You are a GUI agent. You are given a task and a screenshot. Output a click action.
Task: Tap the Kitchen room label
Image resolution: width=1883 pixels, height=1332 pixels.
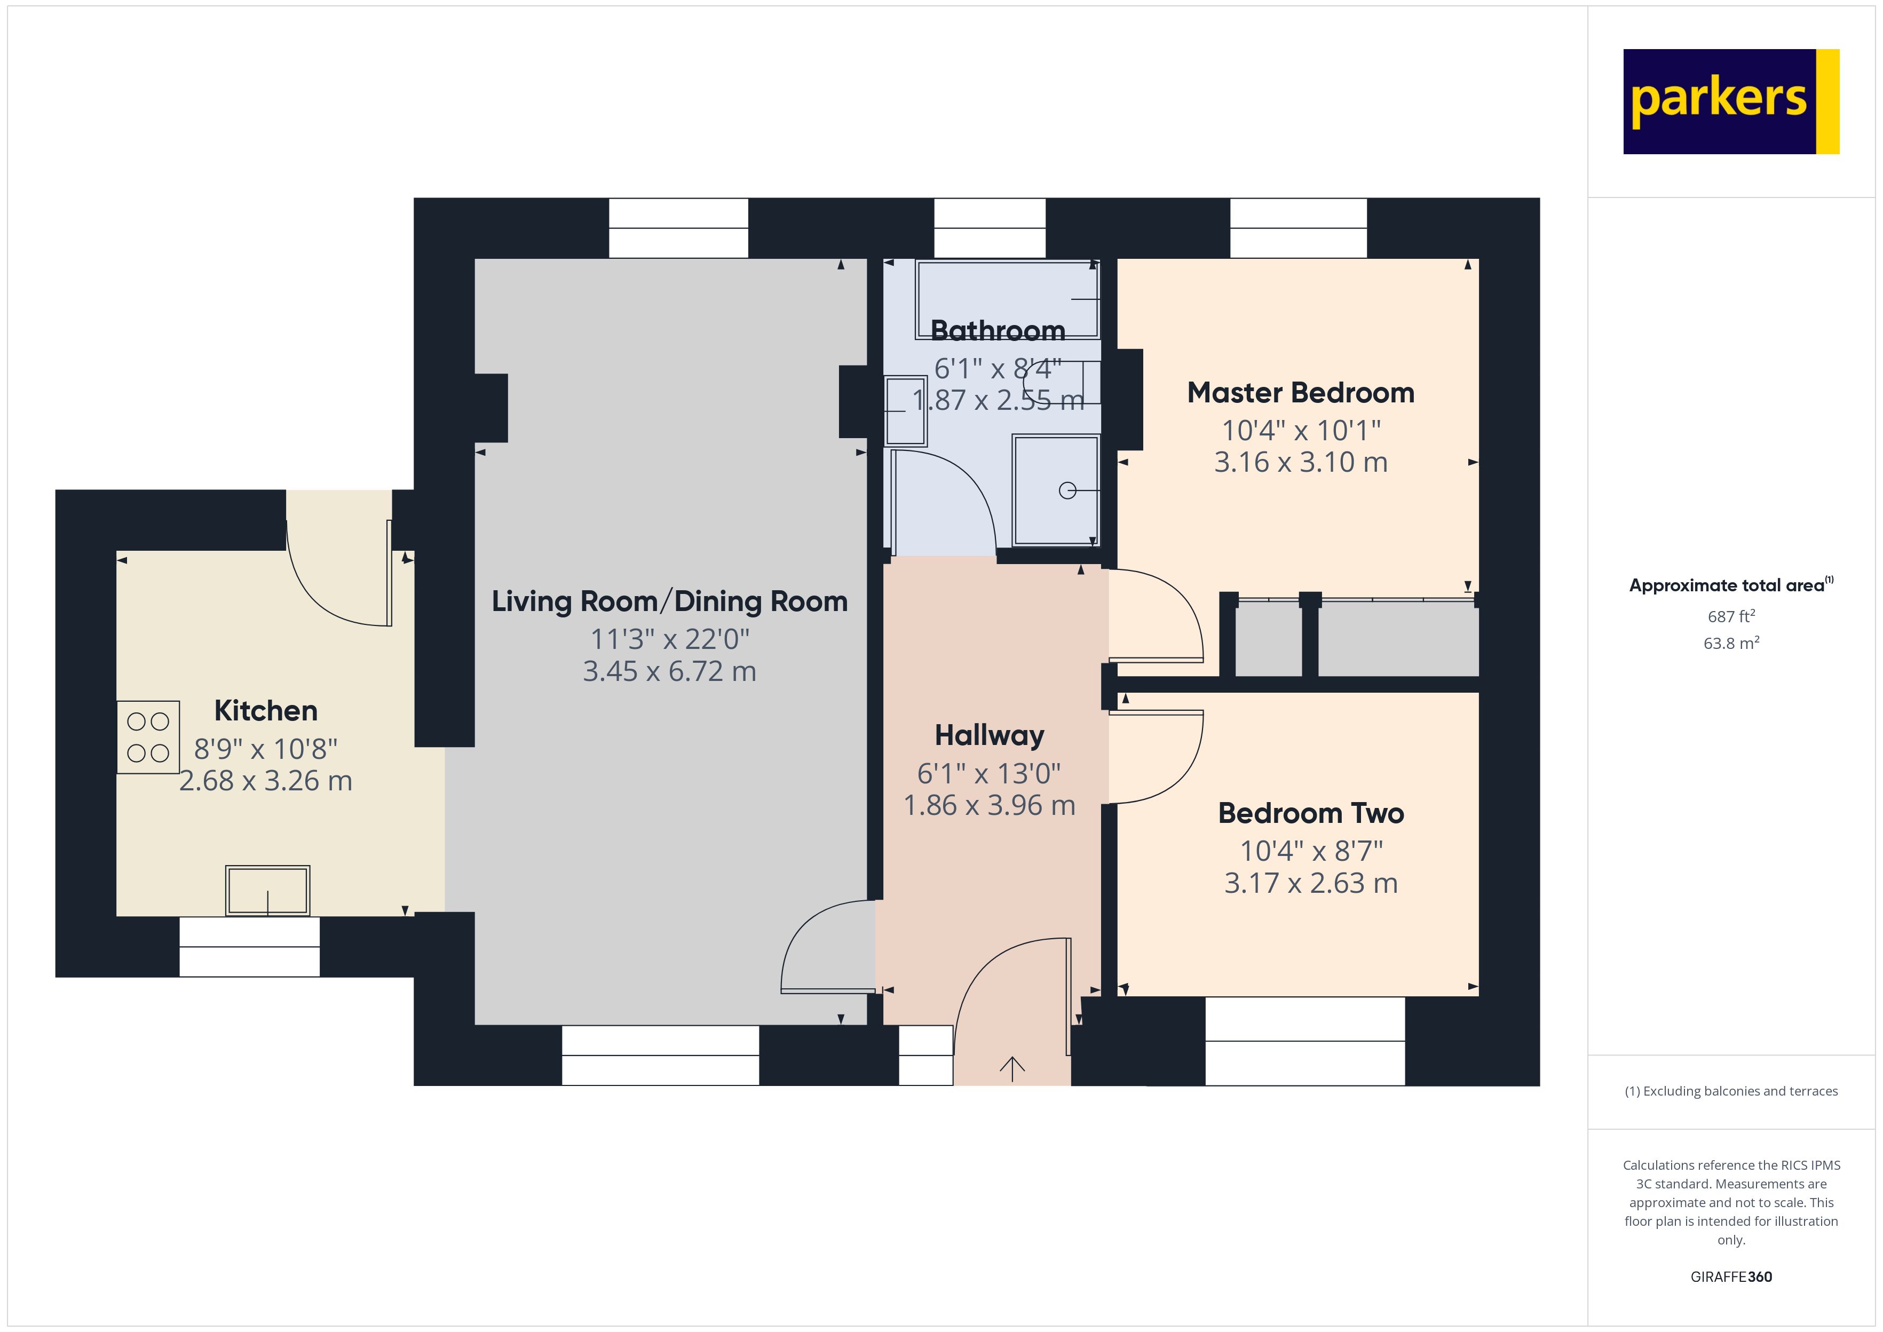(x=266, y=710)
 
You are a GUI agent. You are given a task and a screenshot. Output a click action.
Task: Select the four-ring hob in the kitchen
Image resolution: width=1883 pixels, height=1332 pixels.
(x=148, y=736)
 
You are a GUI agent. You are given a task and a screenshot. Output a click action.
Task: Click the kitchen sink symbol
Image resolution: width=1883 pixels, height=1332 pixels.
(x=267, y=890)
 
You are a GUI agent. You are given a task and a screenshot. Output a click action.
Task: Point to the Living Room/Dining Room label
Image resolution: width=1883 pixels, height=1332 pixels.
(x=669, y=601)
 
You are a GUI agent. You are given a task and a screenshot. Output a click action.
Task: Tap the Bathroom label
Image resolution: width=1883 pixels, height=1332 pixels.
(x=997, y=330)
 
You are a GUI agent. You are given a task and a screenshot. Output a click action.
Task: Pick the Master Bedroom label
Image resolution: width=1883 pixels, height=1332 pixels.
(x=1301, y=393)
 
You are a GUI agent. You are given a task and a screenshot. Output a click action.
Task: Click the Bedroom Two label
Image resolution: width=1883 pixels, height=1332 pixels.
(x=1310, y=813)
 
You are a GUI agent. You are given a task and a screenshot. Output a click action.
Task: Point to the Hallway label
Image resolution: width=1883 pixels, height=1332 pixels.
(x=989, y=735)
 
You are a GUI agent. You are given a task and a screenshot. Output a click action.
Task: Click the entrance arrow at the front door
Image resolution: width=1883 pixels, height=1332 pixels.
(x=1012, y=1068)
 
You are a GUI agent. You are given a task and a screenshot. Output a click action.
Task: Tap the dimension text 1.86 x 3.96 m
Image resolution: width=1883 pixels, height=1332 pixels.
(x=989, y=805)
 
